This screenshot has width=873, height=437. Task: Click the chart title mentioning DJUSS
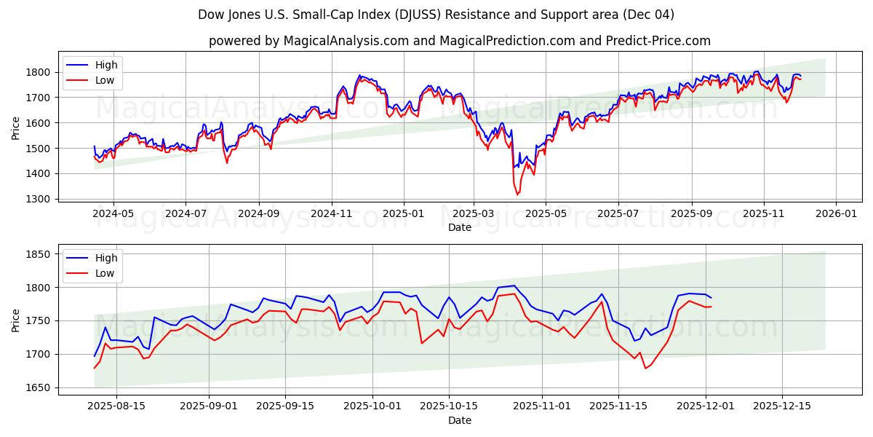coord(436,15)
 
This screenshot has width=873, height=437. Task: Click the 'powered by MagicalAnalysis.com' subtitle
coord(459,41)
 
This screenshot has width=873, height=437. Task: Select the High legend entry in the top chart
coord(106,65)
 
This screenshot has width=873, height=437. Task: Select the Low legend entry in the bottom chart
coord(105,273)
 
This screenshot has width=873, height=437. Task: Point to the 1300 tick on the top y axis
coord(40,199)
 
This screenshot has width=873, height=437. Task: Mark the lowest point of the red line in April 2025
coord(517,194)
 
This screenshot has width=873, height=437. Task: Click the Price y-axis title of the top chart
coord(16,127)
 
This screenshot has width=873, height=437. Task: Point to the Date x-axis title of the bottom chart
coord(459,420)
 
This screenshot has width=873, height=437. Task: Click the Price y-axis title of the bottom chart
coord(16,320)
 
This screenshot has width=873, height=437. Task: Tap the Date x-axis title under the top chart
coord(459,227)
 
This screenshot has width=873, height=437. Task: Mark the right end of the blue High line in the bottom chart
coord(711,298)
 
